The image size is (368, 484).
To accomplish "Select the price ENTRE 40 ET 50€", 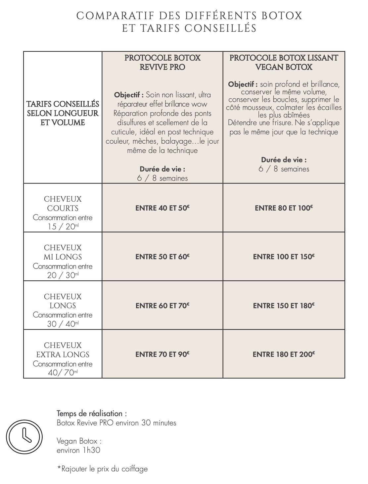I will [x=162, y=208].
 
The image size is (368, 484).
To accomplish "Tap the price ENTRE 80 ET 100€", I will [x=284, y=208].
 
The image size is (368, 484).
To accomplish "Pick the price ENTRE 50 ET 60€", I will [x=162, y=257].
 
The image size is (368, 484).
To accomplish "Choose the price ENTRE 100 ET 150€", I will [x=284, y=257].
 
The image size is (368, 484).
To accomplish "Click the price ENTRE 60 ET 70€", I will [x=162, y=306].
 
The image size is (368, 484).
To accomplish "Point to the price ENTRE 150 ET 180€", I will [x=284, y=306].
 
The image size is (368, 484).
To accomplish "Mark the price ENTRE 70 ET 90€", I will [x=162, y=354].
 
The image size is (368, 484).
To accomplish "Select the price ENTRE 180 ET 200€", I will [x=284, y=354].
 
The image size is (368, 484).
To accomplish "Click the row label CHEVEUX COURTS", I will [x=63, y=204].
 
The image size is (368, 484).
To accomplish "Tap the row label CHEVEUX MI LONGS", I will [x=63, y=252].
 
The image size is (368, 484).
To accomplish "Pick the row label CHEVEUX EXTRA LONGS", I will [x=63, y=350].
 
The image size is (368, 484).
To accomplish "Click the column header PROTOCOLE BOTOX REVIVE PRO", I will [x=162, y=62].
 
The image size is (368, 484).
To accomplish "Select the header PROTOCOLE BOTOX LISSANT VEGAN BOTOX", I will [x=284, y=62].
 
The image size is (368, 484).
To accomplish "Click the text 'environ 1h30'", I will [x=78, y=450].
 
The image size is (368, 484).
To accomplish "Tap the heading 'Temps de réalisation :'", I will [x=92, y=413].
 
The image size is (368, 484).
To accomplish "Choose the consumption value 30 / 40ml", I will [x=63, y=324].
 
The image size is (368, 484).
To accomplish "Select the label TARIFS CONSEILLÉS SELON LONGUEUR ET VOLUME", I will [x=63, y=113].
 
